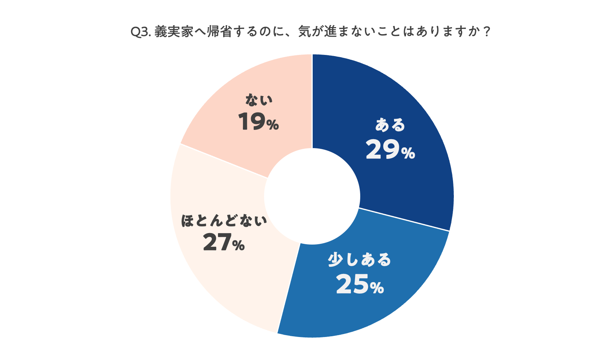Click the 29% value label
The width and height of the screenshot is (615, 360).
click(390, 150)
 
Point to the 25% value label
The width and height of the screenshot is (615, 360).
click(359, 284)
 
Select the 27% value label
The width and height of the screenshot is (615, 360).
click(224, 242)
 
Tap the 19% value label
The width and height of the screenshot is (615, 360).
click(258, 122)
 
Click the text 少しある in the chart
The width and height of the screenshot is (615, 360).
click(359, 260)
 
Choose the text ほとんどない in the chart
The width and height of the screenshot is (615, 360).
click(224, 221)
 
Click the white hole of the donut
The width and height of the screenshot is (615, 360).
click(312, 196)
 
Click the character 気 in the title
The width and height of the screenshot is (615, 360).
click(305, 32)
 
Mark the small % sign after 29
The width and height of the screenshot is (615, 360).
click(408, 153)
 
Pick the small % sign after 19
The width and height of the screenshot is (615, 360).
click(272, 125)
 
